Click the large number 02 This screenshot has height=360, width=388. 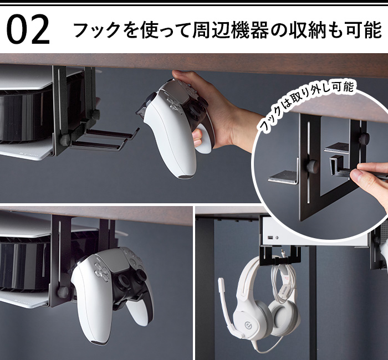pyautogui.click(x=28, y=30)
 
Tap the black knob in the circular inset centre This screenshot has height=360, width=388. pyautogui.click(x=312, y=166)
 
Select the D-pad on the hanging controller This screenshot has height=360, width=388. pyautogui.click(x=102, y=272)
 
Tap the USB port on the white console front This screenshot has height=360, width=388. pyautogui.click(x=270, y=238)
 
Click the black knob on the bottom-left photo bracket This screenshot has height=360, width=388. pyautogui.click(x=63, y=292)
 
